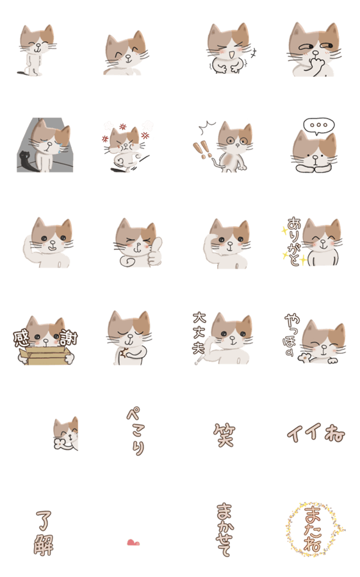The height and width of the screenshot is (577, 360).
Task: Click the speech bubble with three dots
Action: (319, 126)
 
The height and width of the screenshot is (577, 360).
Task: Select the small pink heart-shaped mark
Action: (133, 542)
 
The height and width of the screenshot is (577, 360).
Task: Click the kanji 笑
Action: (224, 434)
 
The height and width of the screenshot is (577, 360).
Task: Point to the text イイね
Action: (316, 432)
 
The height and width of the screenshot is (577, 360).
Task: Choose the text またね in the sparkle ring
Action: (313, 529)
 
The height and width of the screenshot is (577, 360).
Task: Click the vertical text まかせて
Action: (224, 530)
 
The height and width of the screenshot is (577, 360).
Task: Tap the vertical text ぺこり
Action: (136, 431)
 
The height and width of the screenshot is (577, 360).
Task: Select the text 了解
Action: (44, 533)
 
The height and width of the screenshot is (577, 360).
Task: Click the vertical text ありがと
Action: (295, 241)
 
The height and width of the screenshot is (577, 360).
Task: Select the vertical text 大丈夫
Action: (200, 333)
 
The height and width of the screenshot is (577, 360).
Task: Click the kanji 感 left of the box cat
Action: (21, 339)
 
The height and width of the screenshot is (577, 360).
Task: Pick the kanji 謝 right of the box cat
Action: (69, 337)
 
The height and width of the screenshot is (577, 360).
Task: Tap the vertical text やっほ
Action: (291, 335)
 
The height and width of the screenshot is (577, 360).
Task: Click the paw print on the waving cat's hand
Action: (305, 357)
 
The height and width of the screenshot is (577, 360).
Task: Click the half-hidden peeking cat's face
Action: (66, 433)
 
